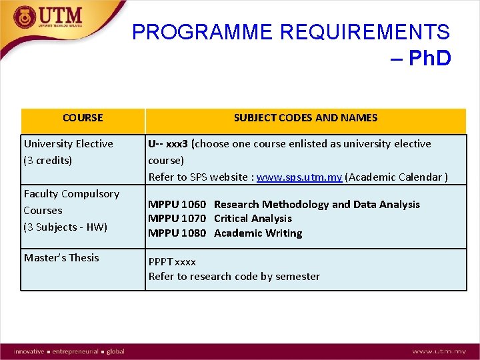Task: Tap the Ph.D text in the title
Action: tap(429, 59)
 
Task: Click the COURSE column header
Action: tap(83, 118)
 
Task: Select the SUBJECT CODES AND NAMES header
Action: tap(305, 118)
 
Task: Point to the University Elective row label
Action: tap(69, 143)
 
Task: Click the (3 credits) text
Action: tap(48, 160)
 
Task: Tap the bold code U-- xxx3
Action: tap(168, 143)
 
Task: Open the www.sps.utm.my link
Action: tap(299, 177)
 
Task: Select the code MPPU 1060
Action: tap(177, 205)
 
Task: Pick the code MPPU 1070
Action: tap(177, 219)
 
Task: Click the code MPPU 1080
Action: tap(177, 233)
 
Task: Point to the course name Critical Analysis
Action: tap(253, 219)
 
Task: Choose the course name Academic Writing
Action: tap(258, 233)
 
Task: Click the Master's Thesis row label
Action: tap(61, 257)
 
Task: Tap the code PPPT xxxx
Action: tap(172, 262)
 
